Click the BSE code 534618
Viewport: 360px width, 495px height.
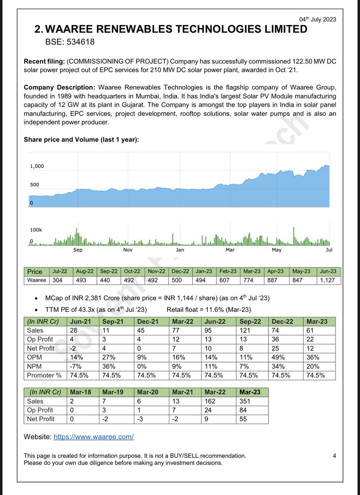71,41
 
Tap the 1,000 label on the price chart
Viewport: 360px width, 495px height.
37,166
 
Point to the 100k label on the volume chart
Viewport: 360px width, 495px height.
36,230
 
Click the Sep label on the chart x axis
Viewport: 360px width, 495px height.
78,250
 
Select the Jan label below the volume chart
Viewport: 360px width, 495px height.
180,250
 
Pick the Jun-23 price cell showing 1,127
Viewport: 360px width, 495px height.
328,280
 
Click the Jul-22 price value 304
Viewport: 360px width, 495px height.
57,280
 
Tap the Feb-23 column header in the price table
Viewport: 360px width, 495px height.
228,271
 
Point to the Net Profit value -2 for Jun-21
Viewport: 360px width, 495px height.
73,349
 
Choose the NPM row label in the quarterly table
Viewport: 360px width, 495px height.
35,366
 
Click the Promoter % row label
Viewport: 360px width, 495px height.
45,375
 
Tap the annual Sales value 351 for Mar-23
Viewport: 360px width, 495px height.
245,401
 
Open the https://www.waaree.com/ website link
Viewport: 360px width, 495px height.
94,436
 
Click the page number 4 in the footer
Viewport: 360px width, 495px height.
334,456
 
